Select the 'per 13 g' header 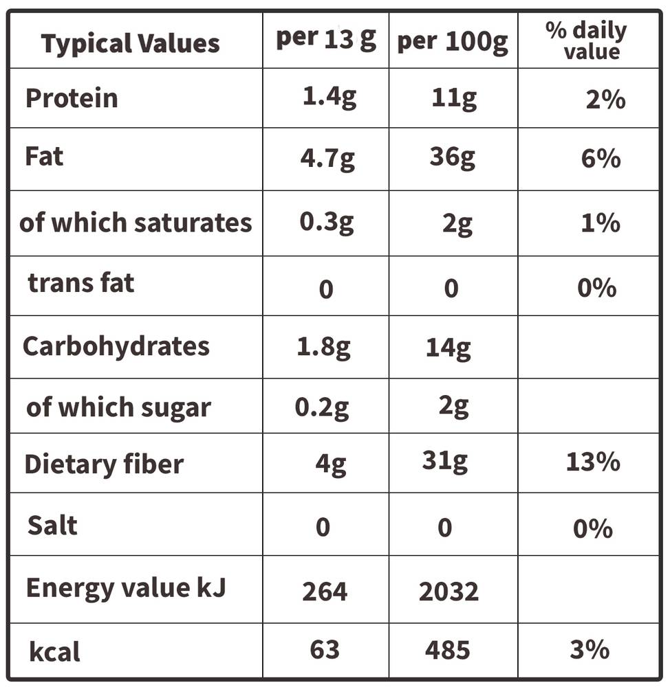326,39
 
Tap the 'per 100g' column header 453,43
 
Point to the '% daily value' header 587,41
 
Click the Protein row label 72,98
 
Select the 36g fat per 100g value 452,157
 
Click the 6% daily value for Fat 601,158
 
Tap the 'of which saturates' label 136,223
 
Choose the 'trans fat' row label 80,282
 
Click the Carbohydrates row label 116,347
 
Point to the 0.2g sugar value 322,408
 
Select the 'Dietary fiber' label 104,464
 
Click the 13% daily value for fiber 593,462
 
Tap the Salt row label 52,525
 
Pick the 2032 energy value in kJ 449,592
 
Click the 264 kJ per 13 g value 325,592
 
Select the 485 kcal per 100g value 447,650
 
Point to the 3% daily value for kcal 590,649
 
